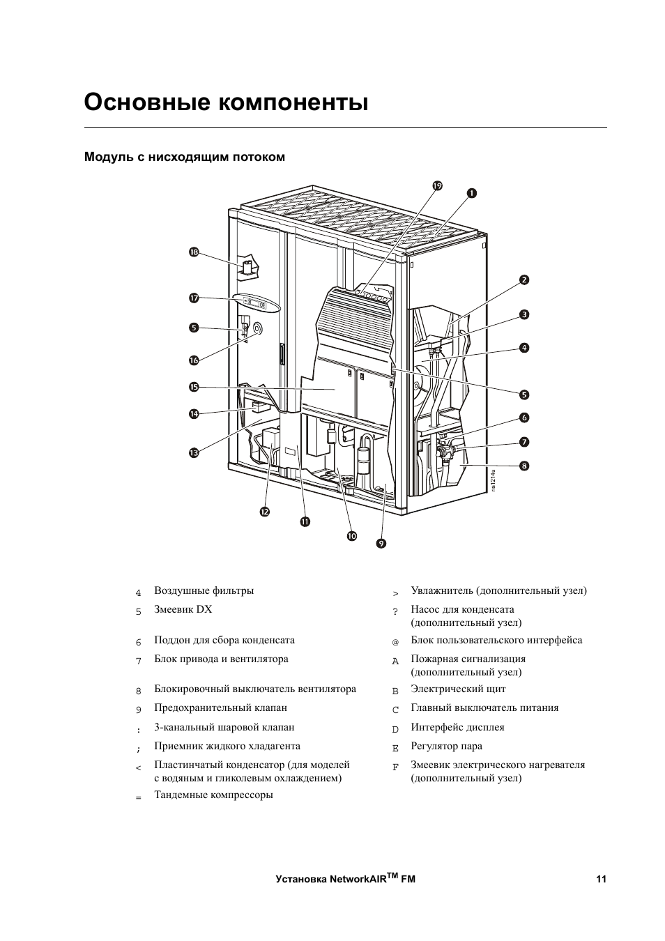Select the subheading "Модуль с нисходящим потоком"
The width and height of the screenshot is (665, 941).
click(x=185, y=157)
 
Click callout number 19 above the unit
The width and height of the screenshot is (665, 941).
click(x=437, y=185)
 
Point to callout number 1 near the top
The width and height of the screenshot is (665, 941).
click(x=472, y=193)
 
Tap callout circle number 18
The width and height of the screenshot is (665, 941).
click(x=194, y=252)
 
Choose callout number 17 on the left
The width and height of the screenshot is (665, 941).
click(x=194, y=298)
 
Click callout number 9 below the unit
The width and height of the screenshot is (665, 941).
click(x=381, y=542)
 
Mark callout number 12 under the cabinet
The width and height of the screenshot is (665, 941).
click(x=265, y=512)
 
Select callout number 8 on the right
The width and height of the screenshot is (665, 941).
click(x=523, y=465)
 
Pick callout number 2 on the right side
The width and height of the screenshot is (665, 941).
click(x=523, y=280)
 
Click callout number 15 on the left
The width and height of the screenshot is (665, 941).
click(x=194, y=387)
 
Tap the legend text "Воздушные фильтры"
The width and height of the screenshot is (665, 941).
click(x=204, y=591)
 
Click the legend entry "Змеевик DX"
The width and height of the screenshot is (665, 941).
click(x=183, y=609)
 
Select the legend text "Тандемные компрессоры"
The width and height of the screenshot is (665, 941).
click(x=213, y=795)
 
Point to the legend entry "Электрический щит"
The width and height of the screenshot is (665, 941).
click(x=458, y=689)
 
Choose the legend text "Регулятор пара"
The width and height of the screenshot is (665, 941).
click(x=446, y=746)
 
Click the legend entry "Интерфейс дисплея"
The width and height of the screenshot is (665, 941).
click(x=457, y=727)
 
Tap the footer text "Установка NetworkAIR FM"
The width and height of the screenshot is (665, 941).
click(x=345, y=878)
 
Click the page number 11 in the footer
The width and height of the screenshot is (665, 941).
click(x=601, y=879)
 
